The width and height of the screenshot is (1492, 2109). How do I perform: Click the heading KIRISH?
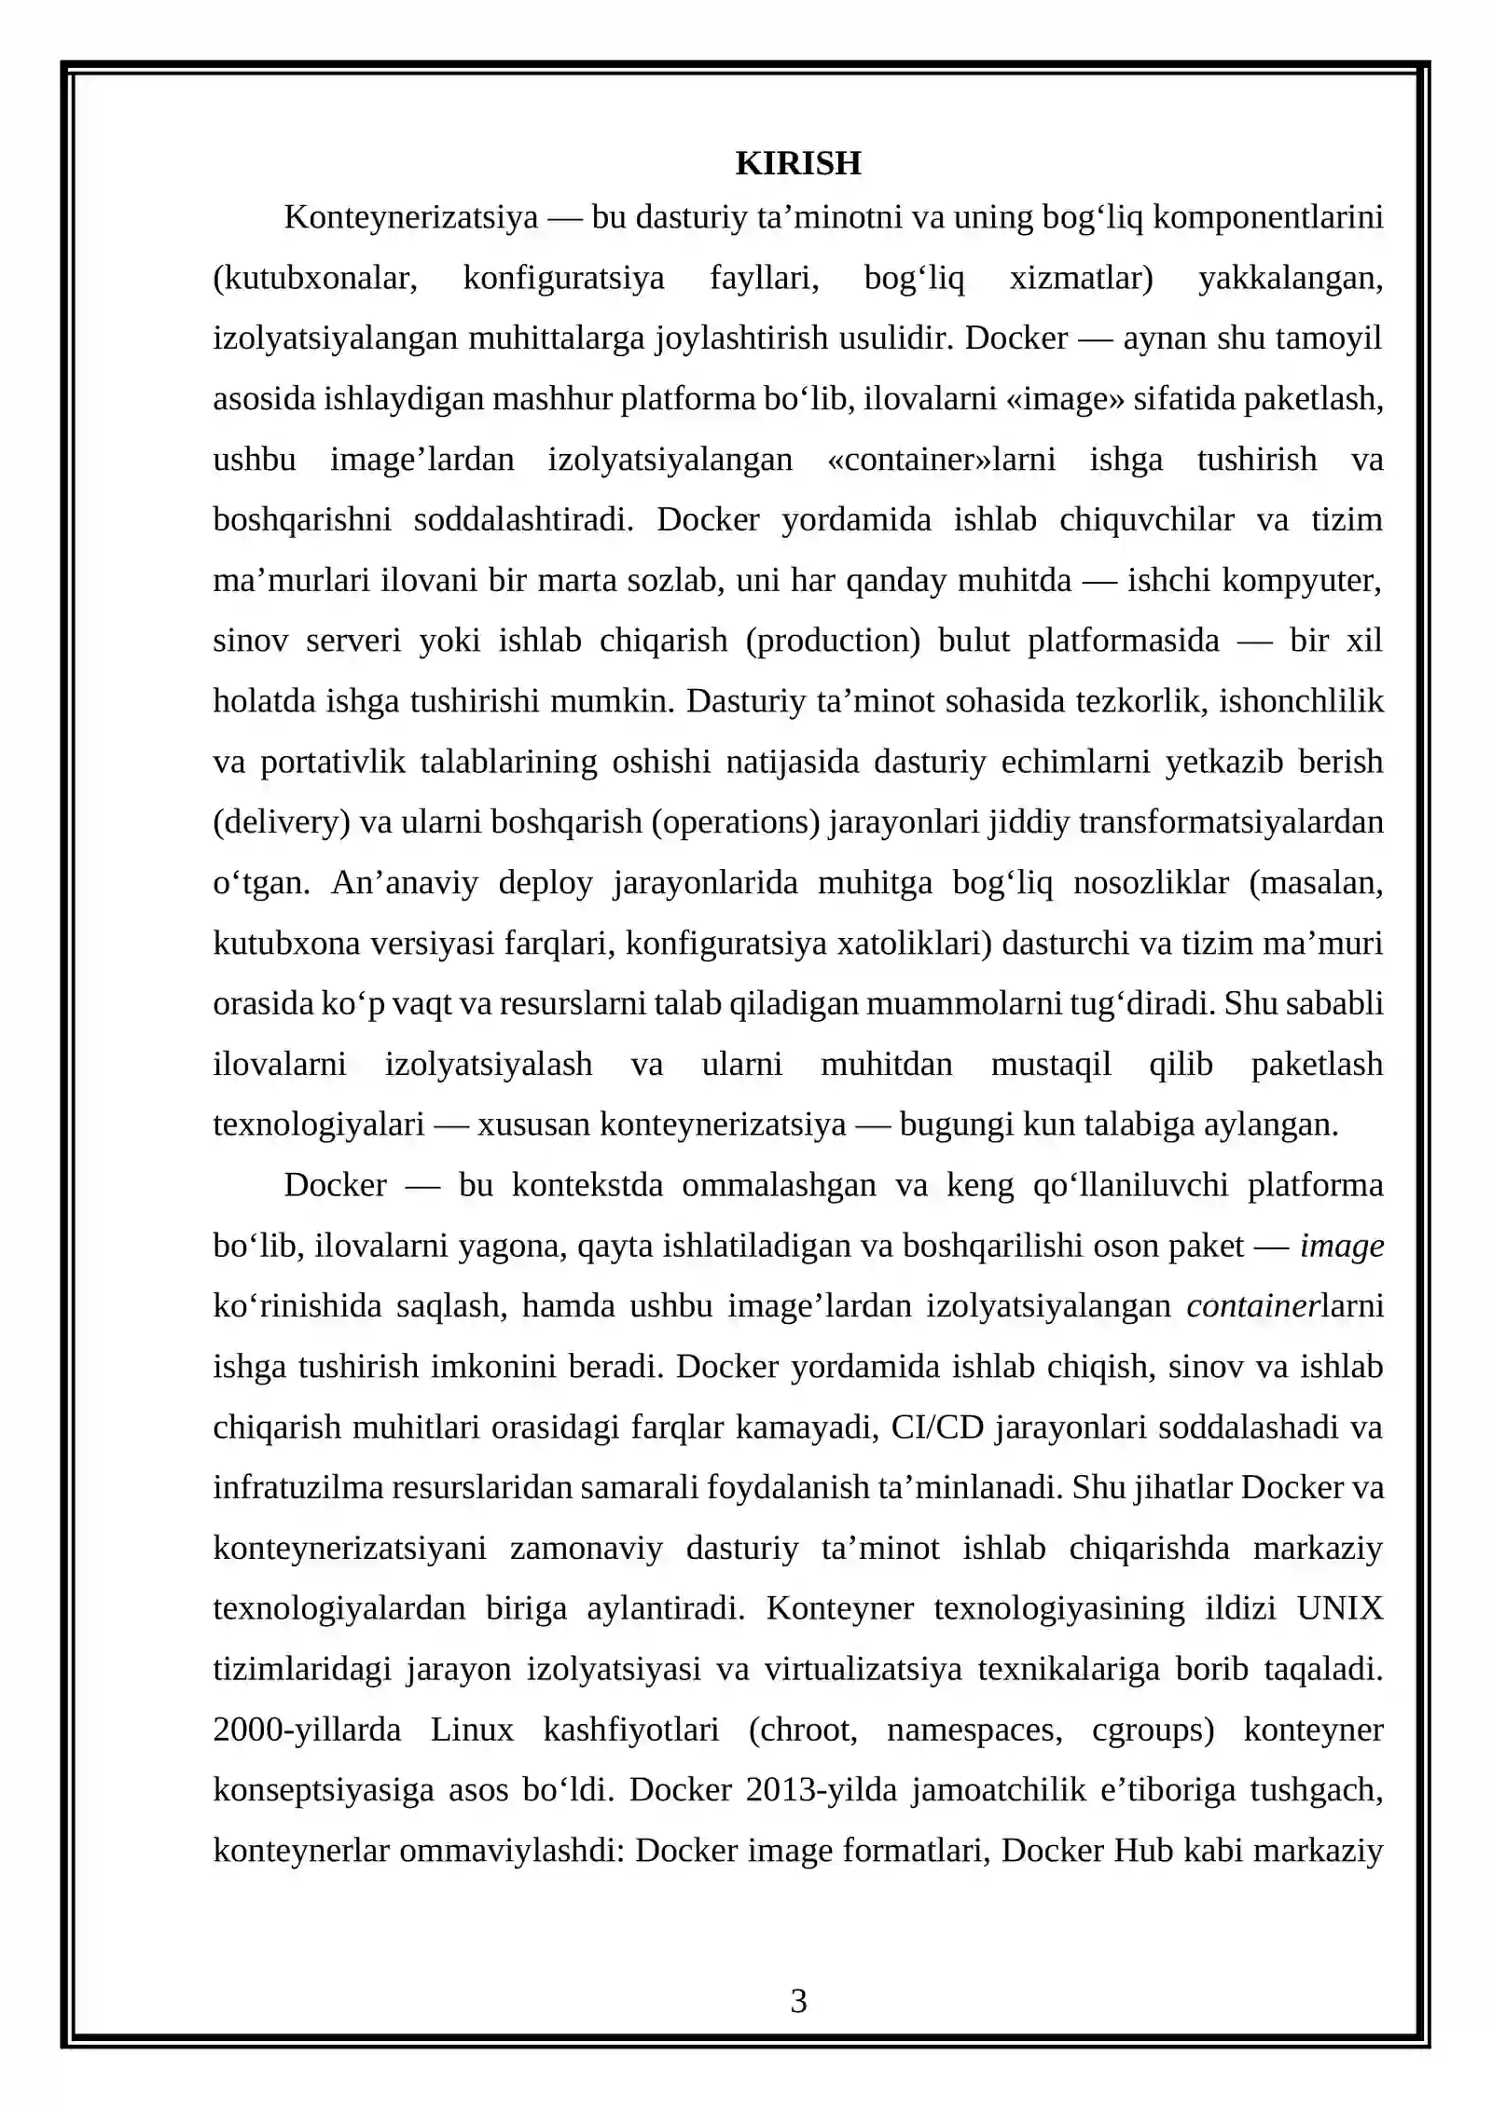[797, 163]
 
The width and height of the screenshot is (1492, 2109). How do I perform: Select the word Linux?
[472, 1730]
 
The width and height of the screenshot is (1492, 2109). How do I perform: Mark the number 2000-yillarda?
[307, 1730]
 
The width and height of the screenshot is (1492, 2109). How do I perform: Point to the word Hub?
[1144, 1850]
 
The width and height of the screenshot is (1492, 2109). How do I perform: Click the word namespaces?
[974, 1730]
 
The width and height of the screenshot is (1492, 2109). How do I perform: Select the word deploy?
[546, 883]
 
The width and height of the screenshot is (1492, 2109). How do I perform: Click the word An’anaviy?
[404, 883]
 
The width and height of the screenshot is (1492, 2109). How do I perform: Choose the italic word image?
[1342, 1246]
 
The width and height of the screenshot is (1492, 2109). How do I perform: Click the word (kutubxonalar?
[315, 278]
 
